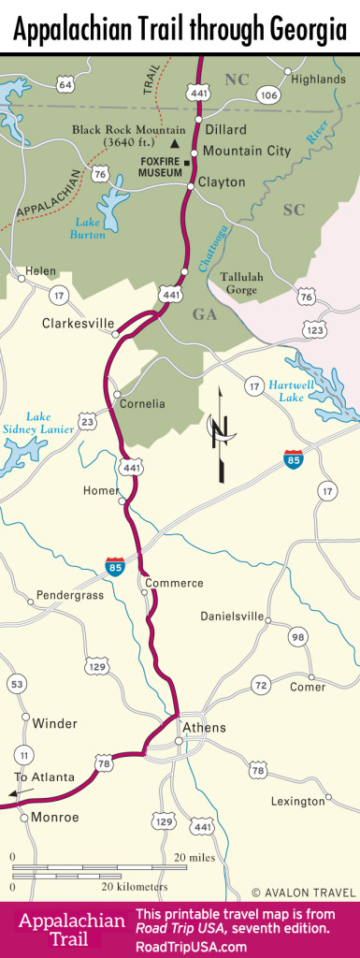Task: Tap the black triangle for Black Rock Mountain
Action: [175, 143]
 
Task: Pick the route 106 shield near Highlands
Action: [269, 95]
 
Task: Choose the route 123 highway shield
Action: [314, 330]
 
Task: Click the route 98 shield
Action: [298, 637]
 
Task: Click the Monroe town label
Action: [56, 817]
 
